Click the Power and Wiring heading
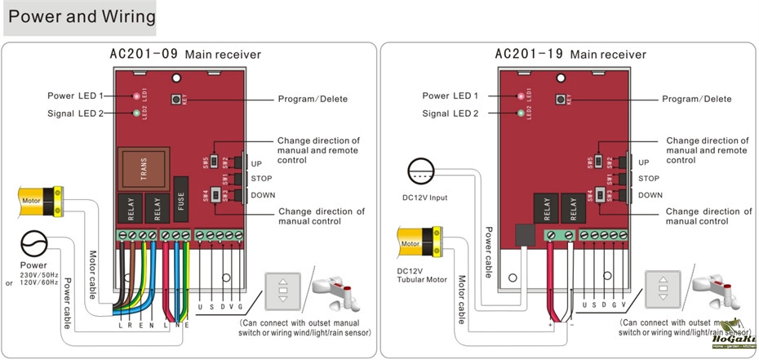[x=80, y=17]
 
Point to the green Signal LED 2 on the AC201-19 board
[x=520, y=113]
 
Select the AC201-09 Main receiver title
[x=185, y=54]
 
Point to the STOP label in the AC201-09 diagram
[x=261, y=178]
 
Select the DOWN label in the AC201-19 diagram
[x=650, y=195]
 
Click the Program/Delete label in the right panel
[x=696, y=99]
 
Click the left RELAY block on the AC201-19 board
[x=546, y=210]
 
